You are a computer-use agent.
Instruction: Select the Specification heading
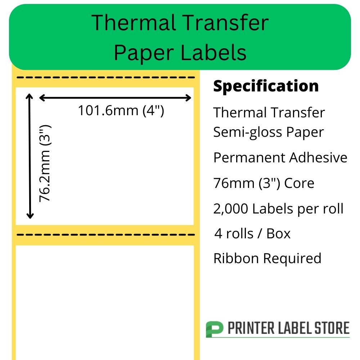tap(266, 86)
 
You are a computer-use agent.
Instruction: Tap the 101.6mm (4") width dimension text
tap(121, 111)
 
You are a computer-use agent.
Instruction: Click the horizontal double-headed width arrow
tap(115, 98)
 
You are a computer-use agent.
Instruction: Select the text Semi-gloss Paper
tap(269, 132)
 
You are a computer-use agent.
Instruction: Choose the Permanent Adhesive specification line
tap(280, 158)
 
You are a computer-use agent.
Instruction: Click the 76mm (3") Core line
tap(264, 183)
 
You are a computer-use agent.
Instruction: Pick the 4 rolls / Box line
tap(252, 234)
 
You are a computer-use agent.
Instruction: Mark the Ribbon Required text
tap(267, 258)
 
